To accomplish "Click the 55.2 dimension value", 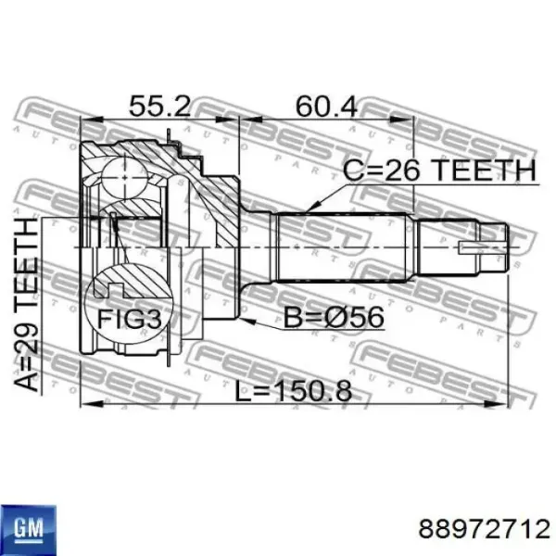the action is tap(159, 106).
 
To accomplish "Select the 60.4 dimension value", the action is tap(326, 106).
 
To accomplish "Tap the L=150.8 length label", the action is tap(293, 391).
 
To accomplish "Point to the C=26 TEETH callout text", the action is tap(439, 170).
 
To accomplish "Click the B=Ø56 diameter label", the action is tap(334, 317).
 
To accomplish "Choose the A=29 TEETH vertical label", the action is tap(26, 305).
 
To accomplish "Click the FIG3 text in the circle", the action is tap(130, 319).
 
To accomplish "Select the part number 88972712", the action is tap(485, 529).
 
